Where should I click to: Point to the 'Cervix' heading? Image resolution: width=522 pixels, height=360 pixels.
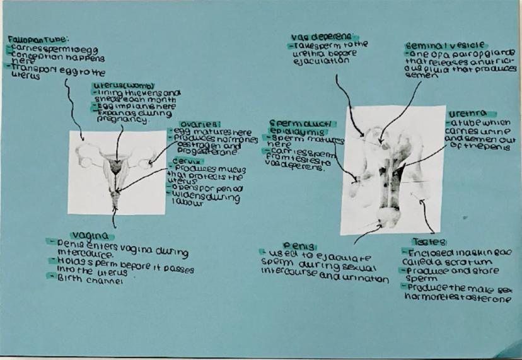(x=184, y=160)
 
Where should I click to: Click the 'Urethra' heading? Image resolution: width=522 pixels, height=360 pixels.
(x=464, y=113)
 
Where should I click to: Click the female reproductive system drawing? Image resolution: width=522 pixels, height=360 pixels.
(x=116, y=170)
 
